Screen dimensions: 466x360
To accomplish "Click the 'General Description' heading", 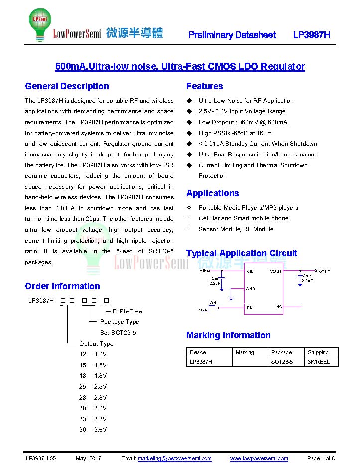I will click(x=67, y=86).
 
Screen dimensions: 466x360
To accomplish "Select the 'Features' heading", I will click(x=204, y=86).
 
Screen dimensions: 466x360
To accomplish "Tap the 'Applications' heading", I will click(x=212, y=193).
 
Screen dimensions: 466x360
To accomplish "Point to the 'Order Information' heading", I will click(x=62, y=286).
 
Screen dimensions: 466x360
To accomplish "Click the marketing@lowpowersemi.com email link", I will click(x=174, y=458).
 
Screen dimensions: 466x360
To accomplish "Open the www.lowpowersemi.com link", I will click(x=258, y=458).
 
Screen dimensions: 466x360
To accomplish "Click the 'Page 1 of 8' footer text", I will click(x=321, y=458).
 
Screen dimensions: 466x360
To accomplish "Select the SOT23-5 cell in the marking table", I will click(x=282, y=362).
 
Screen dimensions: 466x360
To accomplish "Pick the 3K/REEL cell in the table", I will click(x=319, y=362).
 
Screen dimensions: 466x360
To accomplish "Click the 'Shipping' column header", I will click(x=318, y=352).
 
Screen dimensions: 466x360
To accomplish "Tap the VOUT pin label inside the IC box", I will click(x=276, y=271).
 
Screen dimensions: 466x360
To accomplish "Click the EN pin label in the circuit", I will click(x=250, y=308).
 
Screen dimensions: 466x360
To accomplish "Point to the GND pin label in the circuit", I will click(x=250, y=289).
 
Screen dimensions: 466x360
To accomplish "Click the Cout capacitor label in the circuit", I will click(x=307, y=276).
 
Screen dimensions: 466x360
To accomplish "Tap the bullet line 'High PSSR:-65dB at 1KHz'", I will click(x=235, y=133).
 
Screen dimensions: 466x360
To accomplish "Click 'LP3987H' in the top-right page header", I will click(x=312, y=35).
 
